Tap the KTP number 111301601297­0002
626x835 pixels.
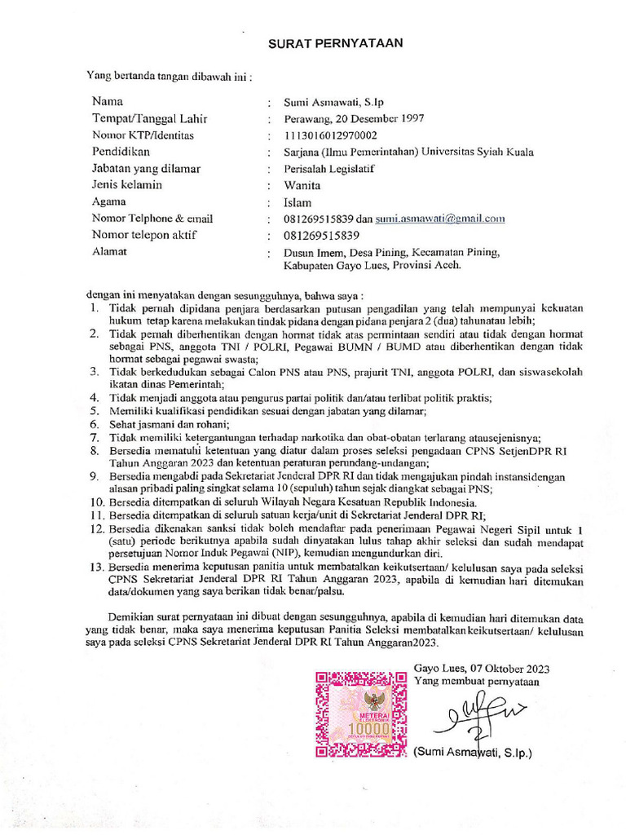330,135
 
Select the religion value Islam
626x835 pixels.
298,202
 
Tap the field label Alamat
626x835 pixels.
110,251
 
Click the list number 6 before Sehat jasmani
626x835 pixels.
94,425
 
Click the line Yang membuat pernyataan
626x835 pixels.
476,680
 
